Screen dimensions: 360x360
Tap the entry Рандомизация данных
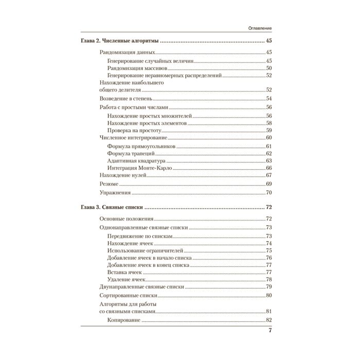click(126, 53)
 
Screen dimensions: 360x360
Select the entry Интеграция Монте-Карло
click(139, 168)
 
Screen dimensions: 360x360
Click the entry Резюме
click(109, 184)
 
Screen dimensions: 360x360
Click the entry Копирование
click(124, 320)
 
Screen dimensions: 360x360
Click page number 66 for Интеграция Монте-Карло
click(268, 168)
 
